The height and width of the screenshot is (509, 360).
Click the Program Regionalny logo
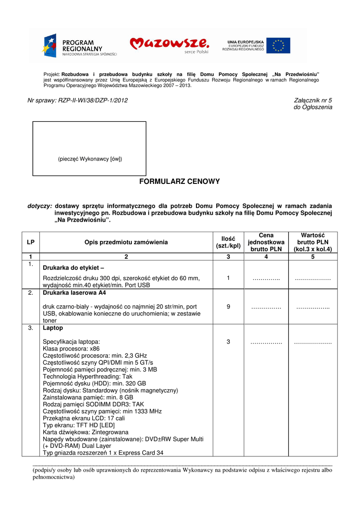coord(80,46)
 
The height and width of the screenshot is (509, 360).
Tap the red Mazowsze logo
coord(169,45)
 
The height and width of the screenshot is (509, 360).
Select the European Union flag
coord(278,45)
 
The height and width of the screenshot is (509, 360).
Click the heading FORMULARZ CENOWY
coord(180,181)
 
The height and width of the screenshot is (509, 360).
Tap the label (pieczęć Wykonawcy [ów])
coord(90,159)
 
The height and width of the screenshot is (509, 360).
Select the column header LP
coord(31,242)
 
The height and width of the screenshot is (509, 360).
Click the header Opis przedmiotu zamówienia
coord(126,242)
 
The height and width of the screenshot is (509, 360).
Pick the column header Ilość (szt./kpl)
coord(228,242)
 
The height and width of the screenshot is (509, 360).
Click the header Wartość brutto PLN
coord(313,242)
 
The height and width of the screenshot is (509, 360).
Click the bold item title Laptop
coord(53,328)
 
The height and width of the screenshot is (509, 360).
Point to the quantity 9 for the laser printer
coord(228,307)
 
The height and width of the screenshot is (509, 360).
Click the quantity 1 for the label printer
coord(228,278)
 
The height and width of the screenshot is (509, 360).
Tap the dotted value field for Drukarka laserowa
coord(313,307)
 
